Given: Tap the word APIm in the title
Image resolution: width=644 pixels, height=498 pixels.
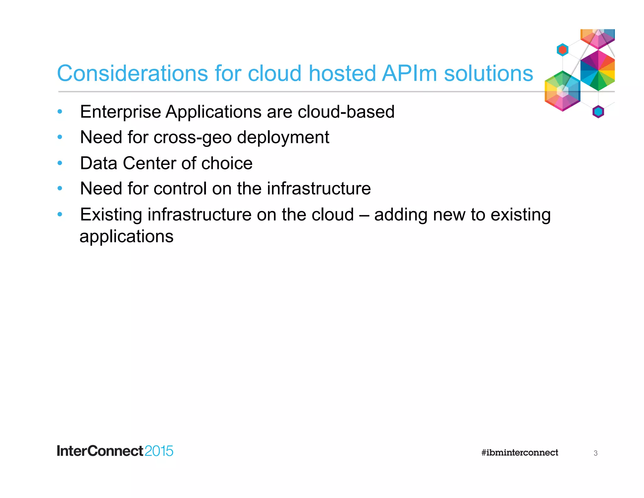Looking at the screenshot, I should pyautogui.click(x=409, y=73).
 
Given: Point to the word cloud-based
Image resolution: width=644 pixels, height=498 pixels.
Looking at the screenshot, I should pyautogui.click(x=346, y=112).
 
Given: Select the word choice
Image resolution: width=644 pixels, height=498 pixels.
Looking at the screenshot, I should pyautogui.click(x=227, y=163).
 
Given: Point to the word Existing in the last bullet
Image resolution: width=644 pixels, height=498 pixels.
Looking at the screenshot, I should pyautogui.click(x=111, y=215).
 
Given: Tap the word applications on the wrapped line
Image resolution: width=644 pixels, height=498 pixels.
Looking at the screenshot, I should pyautogui.click(x=126, y=237).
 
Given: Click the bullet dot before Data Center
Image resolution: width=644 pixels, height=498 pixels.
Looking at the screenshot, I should pyautogui.click(x=60, y=163).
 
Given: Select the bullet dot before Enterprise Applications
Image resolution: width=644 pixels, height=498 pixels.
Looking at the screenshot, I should pyautogui.click(x=60, y=111).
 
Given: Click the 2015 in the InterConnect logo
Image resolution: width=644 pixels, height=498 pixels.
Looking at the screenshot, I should pyautogui.click(x=159, y=451).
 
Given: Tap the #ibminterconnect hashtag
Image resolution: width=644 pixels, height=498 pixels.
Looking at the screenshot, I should pyautogui.click(x=519, y=453).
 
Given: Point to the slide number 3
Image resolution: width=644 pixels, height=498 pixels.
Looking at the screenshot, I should pyautogui.click(x=595, y=453).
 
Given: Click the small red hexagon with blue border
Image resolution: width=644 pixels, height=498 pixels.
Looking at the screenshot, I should pyautogui.click(x=562, y=50).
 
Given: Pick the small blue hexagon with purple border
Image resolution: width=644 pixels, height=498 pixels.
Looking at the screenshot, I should pyautogui.click(x=598, y=112).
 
